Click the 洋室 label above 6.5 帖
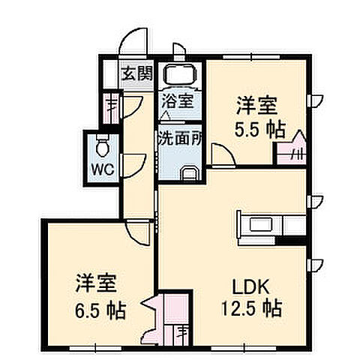pos(95,284)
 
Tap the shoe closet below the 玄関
pos(112,104)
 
